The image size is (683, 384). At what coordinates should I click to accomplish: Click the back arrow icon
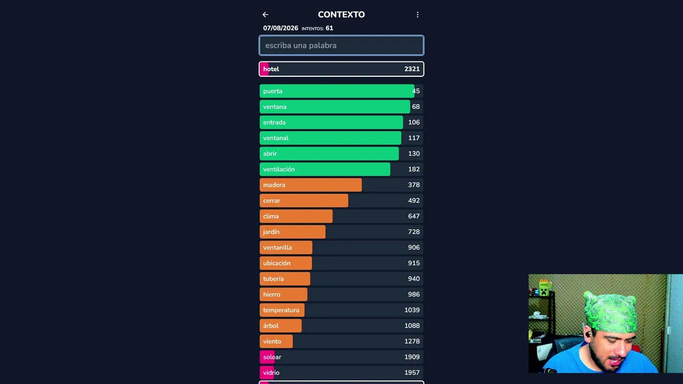tap(265, 14)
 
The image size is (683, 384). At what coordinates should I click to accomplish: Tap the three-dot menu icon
tap(417, 14)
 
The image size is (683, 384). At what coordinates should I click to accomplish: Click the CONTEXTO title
tap(341, 14)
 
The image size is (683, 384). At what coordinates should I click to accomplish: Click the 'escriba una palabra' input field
tap(341, 45)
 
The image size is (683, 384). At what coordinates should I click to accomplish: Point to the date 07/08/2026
tap(281, 28)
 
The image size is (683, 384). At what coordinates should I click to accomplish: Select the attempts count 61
tap(329, 28)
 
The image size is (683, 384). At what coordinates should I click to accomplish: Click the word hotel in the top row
tap(271, 69)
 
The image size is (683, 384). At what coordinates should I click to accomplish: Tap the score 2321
tap(412, 69)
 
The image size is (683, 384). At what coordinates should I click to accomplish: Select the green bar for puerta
tap(337, 91)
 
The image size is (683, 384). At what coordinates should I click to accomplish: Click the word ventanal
tap(276, 138)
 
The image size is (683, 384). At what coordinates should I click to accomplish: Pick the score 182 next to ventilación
tap(414, 169)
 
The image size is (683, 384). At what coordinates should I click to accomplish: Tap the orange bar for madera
tap(311, 185)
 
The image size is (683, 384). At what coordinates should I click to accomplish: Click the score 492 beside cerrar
tap(414, 201)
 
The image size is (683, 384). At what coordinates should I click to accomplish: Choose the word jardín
tap(272, 232)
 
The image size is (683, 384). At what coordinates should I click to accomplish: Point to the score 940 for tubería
tap(414, 278)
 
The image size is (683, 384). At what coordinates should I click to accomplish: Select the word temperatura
tap(281, 310)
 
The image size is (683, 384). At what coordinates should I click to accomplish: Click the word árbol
tap(271, 325)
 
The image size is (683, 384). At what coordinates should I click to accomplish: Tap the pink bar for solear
tap(267, 357)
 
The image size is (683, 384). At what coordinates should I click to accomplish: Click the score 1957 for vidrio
tap(412, 372)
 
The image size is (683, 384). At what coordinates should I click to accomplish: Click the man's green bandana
tap(610, 313)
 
